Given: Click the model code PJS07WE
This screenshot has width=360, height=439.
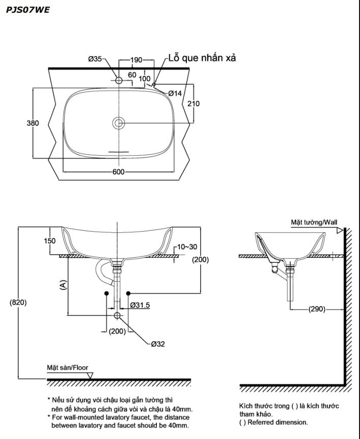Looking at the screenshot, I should pos(28,9).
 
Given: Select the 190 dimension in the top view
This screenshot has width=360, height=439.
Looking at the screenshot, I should pos(135,60).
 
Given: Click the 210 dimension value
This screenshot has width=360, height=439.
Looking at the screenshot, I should pos(193,104).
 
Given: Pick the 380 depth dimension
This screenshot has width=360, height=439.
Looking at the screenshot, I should pos(33,123).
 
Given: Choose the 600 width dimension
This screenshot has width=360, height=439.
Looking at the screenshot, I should pos(118,172).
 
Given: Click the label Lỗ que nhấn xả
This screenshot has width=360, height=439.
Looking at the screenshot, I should pos(202,58).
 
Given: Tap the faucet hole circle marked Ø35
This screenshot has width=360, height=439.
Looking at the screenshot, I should pos(119,80).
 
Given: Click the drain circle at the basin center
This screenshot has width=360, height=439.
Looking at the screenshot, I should pos(119,123).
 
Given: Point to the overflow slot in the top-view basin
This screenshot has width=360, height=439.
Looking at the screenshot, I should pos(119,151).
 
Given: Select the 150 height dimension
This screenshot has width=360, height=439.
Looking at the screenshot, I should pos(49,241).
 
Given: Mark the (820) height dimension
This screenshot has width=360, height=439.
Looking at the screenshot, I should pos(18,302).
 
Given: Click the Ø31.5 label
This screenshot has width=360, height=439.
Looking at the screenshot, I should pos(140,305).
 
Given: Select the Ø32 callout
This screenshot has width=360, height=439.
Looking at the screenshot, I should pos(158,344).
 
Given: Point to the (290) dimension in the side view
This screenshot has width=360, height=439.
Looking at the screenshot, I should pos(317,309).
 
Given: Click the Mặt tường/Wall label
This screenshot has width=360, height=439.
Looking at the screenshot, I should pos(314,222).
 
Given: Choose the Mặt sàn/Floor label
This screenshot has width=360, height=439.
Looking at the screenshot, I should pos(68,367).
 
